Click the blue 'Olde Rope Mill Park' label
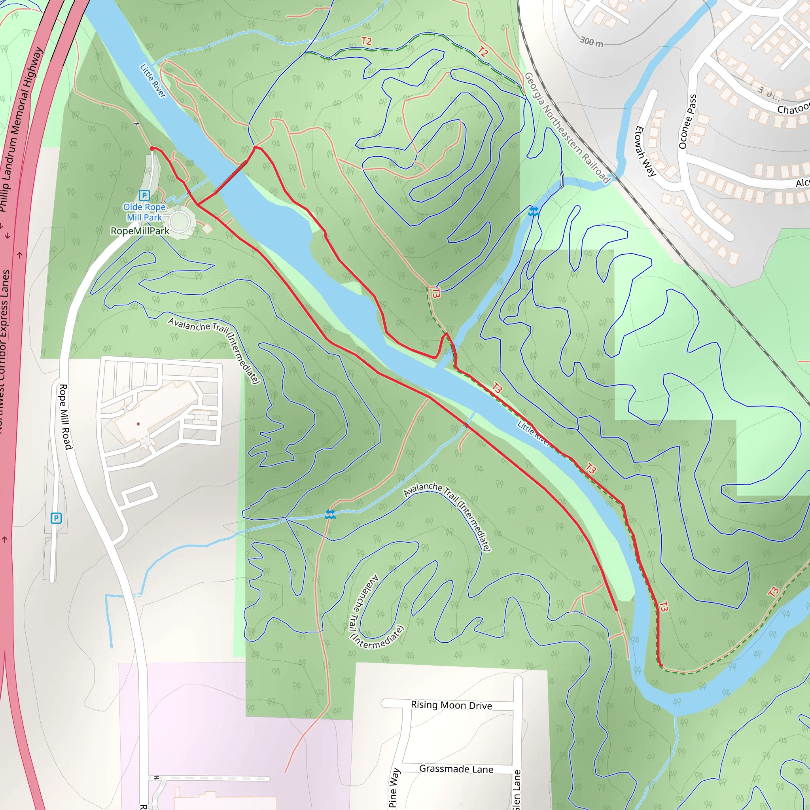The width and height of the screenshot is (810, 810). [x=144, y=212]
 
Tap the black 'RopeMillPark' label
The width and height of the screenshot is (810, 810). [x=140, y=231]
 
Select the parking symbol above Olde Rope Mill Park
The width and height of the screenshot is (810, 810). [x=144, y=195]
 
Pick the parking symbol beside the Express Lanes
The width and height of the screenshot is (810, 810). [x=56, y=518]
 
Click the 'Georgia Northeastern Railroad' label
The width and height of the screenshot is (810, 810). [x=567, y=127]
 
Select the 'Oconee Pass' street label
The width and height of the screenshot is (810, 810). [x=687, y=121]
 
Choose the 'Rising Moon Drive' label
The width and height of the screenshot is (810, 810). [x=451, y=705]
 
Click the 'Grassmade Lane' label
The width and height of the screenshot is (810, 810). [x=456, y=769]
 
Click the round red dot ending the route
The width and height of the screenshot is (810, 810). [x=152, y=148]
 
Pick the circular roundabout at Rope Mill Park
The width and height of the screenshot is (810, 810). [x=180, y=221]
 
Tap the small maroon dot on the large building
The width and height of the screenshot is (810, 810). [x=138, y=424]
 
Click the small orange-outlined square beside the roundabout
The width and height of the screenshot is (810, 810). [x=207, y=229]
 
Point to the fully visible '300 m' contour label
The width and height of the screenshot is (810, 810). [x=591, y=42]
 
